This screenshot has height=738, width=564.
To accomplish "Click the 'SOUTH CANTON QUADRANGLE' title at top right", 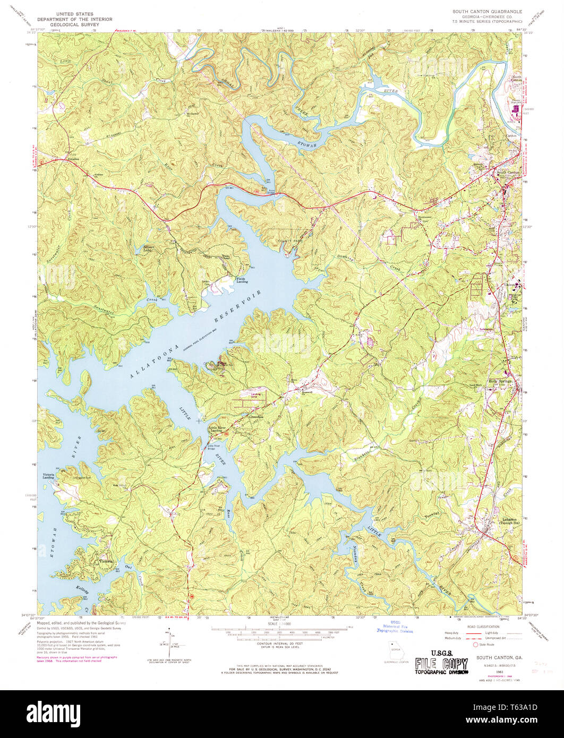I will point(487,11).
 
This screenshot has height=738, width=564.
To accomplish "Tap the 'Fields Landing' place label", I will point(241,280).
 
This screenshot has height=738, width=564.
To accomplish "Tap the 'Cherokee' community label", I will point(257,417).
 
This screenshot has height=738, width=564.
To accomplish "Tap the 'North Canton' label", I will point(516,79).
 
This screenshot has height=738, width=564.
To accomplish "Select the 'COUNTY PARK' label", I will point(288,241).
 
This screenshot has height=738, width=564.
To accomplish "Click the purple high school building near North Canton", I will point(514,110).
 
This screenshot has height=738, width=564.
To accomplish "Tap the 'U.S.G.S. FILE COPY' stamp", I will point(442,662).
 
